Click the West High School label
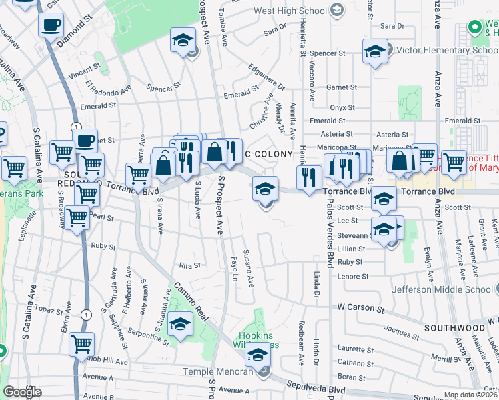coord(300,11)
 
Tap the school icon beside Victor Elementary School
coord(376,50)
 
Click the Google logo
coord(22,392)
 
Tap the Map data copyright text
coord(471,395)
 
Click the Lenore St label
coord(353,275)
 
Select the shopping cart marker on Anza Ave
coord(454,161)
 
